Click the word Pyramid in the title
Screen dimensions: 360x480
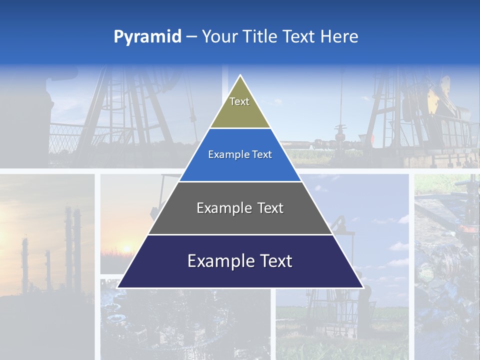(147, 37)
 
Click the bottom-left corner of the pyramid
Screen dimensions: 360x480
(118, 287)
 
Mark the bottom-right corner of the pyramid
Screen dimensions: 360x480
(362, 287)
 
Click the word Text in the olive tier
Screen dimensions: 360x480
(239, 101)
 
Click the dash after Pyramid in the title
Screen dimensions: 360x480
(191, 37)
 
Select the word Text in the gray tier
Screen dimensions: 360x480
(270, 208)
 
